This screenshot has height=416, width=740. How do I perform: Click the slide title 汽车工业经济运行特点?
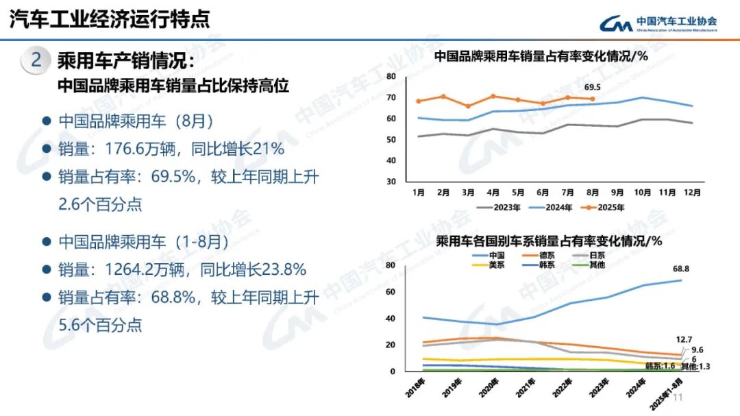[110, 19]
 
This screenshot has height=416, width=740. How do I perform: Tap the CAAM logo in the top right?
[658, 23]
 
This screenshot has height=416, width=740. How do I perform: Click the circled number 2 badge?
[36, 60]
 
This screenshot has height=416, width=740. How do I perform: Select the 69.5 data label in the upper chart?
[592, 87]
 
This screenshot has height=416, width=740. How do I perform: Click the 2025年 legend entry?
[601, 207]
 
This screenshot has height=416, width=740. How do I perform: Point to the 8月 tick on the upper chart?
[593, 193]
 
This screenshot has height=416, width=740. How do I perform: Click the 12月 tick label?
[693, 193]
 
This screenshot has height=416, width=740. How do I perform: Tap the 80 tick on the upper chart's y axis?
[391, 76]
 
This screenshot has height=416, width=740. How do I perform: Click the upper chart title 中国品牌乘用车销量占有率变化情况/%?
[541, 57]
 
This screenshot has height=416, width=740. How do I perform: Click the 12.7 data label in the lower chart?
[685, 339]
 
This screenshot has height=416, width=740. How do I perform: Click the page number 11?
[679, 398]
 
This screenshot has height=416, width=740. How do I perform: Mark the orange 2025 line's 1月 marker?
[419, 101]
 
